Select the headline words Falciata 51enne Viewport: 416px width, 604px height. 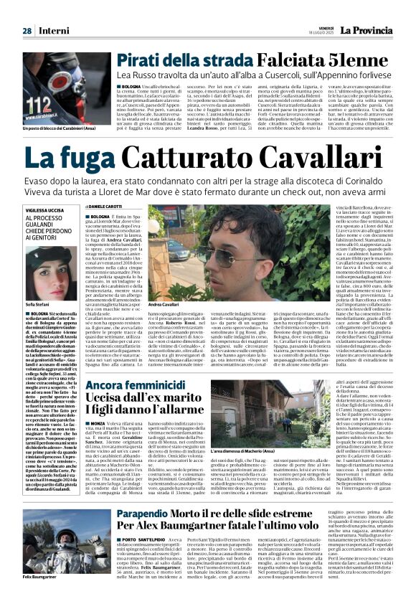(x=310, y=60)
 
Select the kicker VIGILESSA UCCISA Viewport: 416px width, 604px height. (x=44, y=211)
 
